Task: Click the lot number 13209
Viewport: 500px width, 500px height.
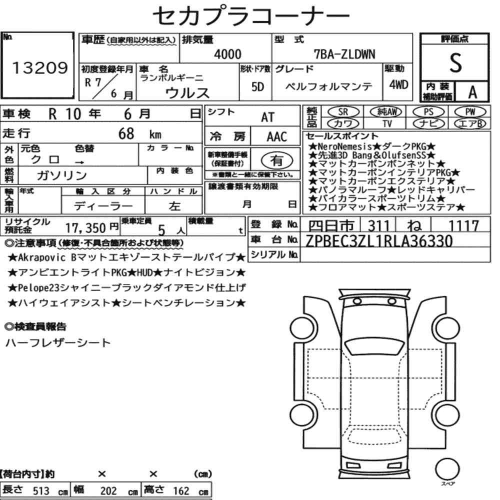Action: click(x=40, y=67)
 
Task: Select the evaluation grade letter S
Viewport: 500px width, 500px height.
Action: click(x=455, y=62)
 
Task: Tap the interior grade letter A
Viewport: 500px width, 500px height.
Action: click(x=472, y=92)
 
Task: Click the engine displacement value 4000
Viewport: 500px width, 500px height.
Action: click(x=227, y=54)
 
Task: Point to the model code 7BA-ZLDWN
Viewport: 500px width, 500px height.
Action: click(x=344, y=54)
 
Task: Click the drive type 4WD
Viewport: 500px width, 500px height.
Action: click(x=398, y=84)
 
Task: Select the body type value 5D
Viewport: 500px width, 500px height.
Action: click(x=257, y=86)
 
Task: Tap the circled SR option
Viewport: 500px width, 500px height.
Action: click(x=343, y=112)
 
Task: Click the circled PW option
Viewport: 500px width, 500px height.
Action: click(x=470, y=112)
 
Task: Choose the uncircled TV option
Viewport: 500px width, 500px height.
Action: click(x=387, y=123)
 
